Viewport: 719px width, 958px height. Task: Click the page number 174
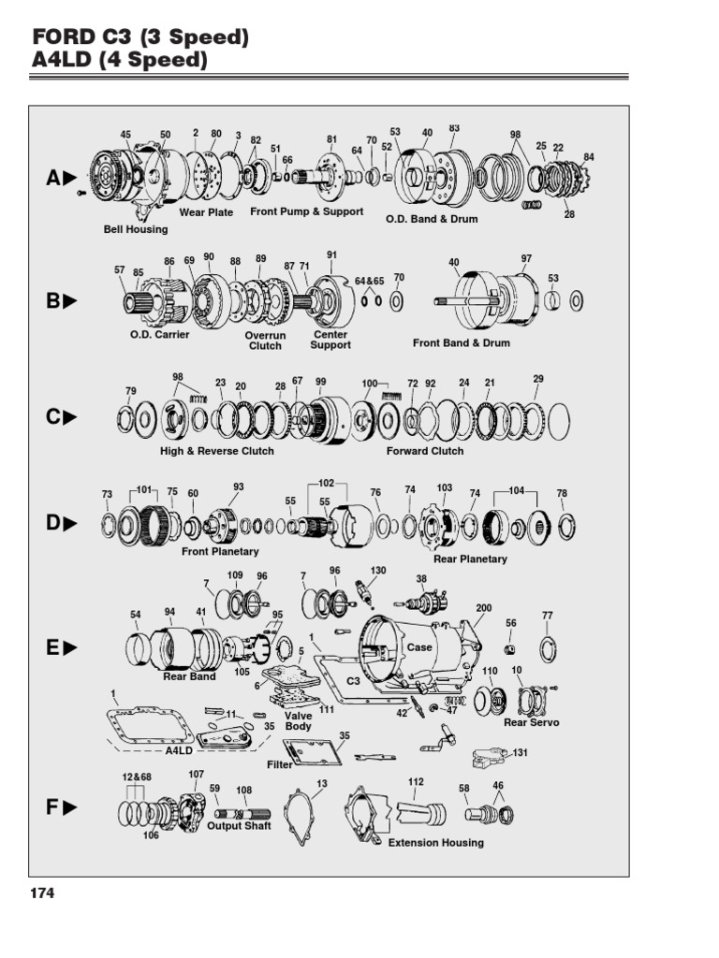coord(42,893)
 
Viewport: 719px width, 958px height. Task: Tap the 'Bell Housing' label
coord(136,229)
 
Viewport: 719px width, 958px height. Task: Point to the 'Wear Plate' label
coord(206,212)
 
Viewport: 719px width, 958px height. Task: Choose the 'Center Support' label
coord(330,340)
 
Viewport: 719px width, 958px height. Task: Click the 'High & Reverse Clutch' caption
coord(217,451)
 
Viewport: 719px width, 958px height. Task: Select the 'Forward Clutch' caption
coord(425,451)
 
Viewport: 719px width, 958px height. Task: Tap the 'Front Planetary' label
coord(220,552)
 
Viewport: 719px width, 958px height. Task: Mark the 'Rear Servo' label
coord(531,723)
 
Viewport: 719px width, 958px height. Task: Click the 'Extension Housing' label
coord(436,843)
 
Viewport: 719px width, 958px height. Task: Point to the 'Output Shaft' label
coord(239,826)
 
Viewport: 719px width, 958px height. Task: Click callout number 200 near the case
coord(483,608)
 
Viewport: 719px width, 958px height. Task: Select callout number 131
coord(521,752)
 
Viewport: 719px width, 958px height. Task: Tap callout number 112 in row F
coord(416,782)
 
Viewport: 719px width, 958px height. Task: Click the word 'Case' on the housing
coord(419,647)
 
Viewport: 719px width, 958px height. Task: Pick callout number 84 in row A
coord(589,157)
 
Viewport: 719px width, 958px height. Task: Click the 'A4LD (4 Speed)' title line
coord(119,62)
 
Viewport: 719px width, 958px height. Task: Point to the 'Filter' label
coord(280,764)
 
